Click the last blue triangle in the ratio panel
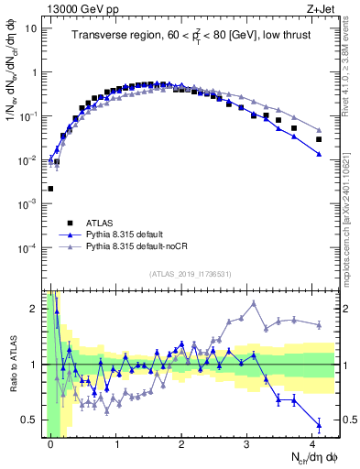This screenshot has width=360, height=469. pos(319,424)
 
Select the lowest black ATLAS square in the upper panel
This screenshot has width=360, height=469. pos(50,189)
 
